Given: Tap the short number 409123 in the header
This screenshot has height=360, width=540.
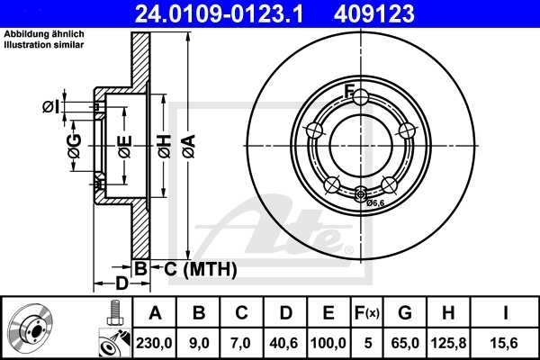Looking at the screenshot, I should (x=400, y=13).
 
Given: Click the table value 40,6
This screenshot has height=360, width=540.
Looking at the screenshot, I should (x=285, y=342).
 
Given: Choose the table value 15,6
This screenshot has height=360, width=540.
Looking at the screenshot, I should (x=507, y=342).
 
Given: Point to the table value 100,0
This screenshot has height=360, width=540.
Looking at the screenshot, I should (x=328, y=342).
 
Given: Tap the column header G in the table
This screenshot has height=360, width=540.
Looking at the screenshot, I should (x=406, y=313).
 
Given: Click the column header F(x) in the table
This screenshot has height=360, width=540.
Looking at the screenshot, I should (x=368, y=313).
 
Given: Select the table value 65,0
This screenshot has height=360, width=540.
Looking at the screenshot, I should (x=406, y=342).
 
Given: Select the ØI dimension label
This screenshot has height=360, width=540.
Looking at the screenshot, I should (x=52, y=107).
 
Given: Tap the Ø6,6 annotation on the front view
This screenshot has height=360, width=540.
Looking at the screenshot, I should (x=376, y=204).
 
